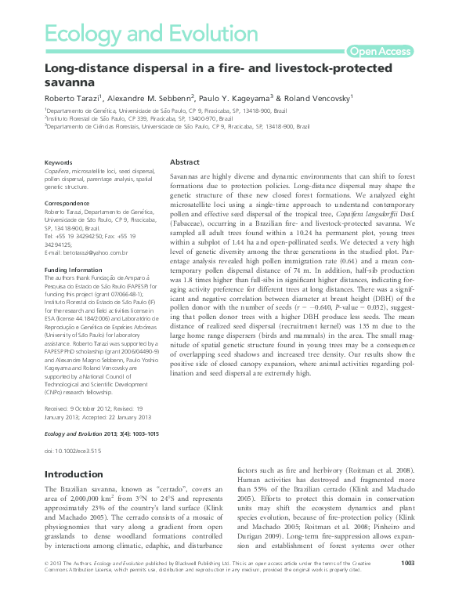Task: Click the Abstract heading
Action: pyautogui.click(x=185, y=161)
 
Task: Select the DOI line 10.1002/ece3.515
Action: pyautogui.click(x=74, y=452)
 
